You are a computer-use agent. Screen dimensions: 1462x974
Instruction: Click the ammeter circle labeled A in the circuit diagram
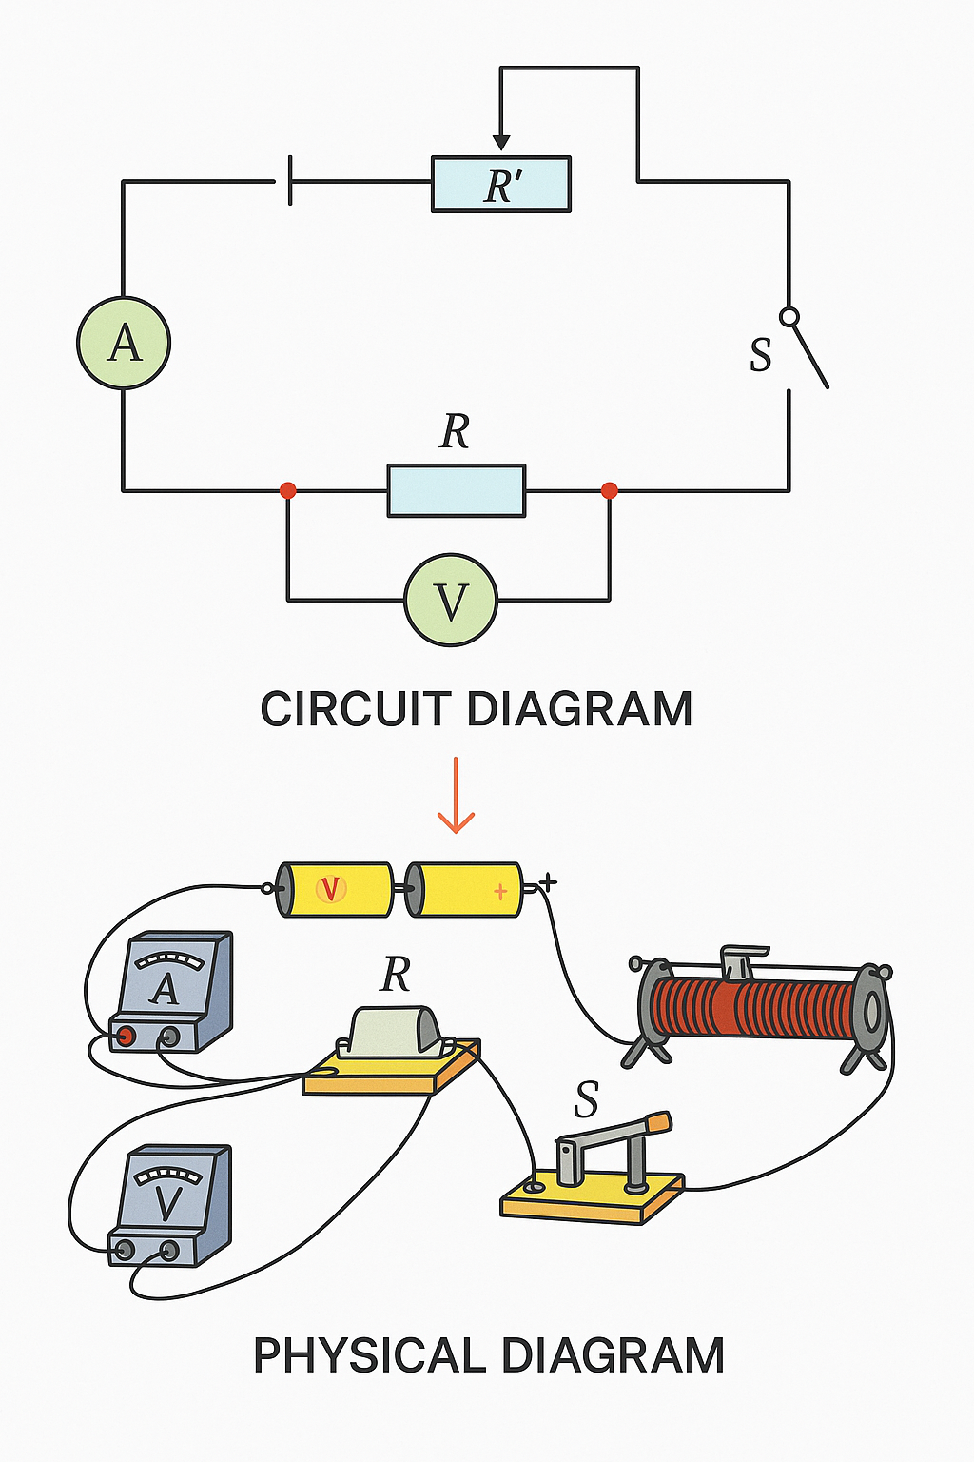[124, 343]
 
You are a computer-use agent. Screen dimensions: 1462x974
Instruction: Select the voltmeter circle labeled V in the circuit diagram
[451, 601]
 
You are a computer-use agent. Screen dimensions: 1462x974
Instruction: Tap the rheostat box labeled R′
[501, 185]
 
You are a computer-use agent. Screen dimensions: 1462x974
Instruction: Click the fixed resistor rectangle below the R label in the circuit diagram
[456, 490]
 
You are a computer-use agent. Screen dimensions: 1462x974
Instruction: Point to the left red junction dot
[287, 490]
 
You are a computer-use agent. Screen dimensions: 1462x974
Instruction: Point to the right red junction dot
[610, 490]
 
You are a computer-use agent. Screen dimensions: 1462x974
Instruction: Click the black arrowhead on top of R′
[501, 143]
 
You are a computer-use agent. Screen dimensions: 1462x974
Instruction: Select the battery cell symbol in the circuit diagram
[289, 181]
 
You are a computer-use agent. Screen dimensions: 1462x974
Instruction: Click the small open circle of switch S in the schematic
[789, 316]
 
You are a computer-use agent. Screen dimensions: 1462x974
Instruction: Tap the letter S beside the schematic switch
[760, 354]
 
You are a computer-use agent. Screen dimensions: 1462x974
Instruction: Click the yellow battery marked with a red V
[334, 890]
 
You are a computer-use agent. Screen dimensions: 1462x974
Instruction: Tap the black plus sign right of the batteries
[548, 883]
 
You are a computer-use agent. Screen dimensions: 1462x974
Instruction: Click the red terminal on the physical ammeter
[123, 1036]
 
